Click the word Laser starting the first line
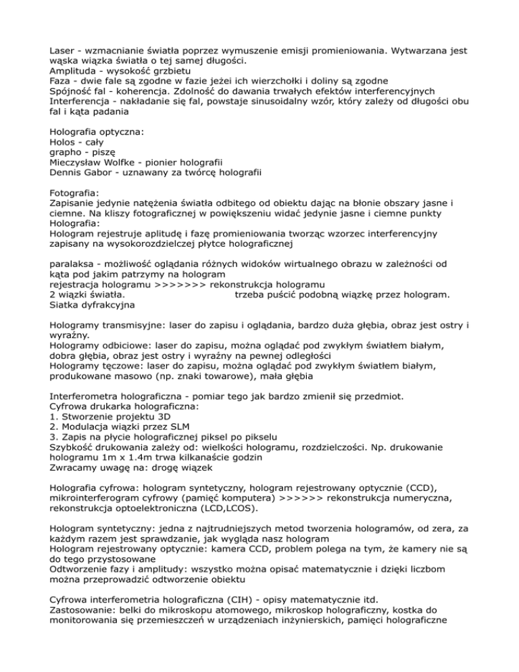pos(64,49)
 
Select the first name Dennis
pos(68,177)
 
